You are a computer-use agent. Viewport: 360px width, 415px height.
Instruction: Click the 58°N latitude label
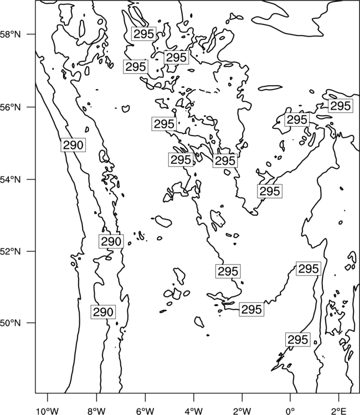click(11, 34)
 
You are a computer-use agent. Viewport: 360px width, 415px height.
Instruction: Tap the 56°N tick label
click(11, 107)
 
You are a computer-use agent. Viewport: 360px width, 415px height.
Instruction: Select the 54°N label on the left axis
click(11, 180)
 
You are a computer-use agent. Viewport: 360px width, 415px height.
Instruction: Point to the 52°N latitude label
click(11, 251)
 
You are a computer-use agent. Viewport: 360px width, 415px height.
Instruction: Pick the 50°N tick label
click(11, 323)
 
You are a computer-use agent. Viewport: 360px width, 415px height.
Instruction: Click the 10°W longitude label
click(48, 411)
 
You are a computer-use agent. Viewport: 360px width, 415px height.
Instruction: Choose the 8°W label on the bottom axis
click(96, 411)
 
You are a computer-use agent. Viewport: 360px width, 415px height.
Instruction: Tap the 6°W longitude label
click(145, 411)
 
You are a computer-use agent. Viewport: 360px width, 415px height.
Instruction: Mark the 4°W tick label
click(194, 411)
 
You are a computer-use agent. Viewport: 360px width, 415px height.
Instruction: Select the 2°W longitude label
click(242, 411)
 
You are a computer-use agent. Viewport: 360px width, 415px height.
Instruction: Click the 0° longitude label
click(290, 411)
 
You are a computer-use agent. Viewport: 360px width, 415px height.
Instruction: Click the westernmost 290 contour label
click(73, 145)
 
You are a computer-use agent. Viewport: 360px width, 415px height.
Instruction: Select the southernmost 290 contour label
click(104, 312)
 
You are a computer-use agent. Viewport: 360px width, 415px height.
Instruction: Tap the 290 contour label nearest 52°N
click(111, 241)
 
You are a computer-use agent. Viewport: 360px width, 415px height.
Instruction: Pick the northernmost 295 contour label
click(144, 34)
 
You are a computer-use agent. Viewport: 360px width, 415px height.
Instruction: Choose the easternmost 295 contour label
click(341, 106)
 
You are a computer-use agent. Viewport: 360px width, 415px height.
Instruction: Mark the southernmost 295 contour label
click(298, 340)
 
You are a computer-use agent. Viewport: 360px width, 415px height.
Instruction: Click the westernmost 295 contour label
click(136, 67)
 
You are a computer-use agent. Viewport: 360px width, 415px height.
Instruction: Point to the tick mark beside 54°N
click(31, 180)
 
